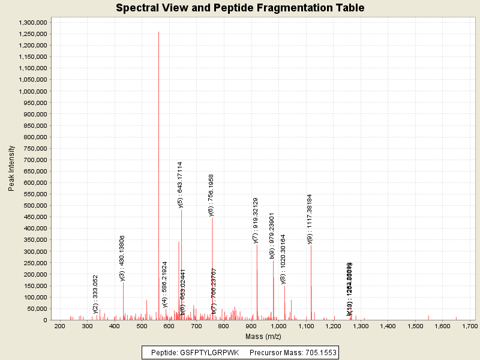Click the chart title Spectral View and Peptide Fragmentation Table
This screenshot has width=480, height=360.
(x=240, y=8)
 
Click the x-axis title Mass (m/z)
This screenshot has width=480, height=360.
(x=264, y=337)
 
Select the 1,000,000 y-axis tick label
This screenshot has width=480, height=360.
(x=33, y=91)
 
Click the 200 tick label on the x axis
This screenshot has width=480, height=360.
(x=59, y=326)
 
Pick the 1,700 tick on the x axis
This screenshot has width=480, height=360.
(x=470, y=326)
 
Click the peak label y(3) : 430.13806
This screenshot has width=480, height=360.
(x=122, y=258)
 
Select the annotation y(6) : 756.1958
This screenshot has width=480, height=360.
(x=211, y=195)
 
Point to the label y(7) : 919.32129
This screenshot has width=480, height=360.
(x=256, y=220)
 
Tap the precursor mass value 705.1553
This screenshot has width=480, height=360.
(x=316, y=353)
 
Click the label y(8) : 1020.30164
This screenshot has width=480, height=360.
(x=283, y=259)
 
